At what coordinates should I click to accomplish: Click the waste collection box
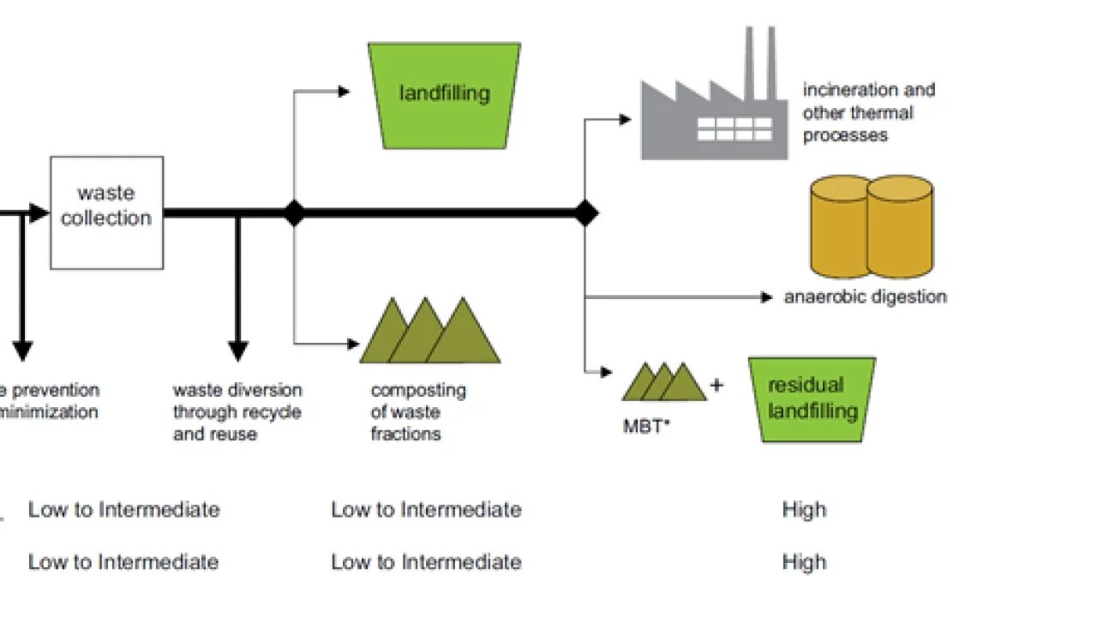pyautogui.click(x=106, y=213)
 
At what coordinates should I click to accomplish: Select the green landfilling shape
pyautogui.click(x=444, y=94)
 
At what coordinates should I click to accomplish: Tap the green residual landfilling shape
pyautogui.click(x=812, y=399)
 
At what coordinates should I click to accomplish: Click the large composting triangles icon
pyautogui.click(x=430, y=332)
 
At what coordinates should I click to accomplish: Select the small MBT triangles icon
pyautogui.click(x=664, y=382)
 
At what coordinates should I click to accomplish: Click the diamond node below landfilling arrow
pyautogui.click(x=294, y=213)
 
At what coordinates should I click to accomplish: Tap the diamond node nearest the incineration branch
pyautogui.click(x=585, y=213)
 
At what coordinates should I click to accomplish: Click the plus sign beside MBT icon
pyautogui.click(x=716, y=385)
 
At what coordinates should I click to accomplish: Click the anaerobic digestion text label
pyautogui.click(x=865, y=297)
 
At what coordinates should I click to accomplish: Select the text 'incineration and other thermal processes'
pyautogui.click(x=867, y=112)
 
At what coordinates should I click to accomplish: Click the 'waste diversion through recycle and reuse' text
pyautogui.click(x=237, y=412)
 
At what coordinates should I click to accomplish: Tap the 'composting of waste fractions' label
pyautogui.click(x=418, y=412)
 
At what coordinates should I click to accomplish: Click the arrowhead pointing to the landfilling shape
pyautogui.click(x=345, y=92)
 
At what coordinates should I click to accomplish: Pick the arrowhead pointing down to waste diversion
pyautogui.click(x=238, y=351)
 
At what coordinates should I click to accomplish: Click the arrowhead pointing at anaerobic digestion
pyautogui.click(x=767, y=297)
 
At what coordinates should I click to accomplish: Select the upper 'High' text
pyautogui.click(x=804, y=510)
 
